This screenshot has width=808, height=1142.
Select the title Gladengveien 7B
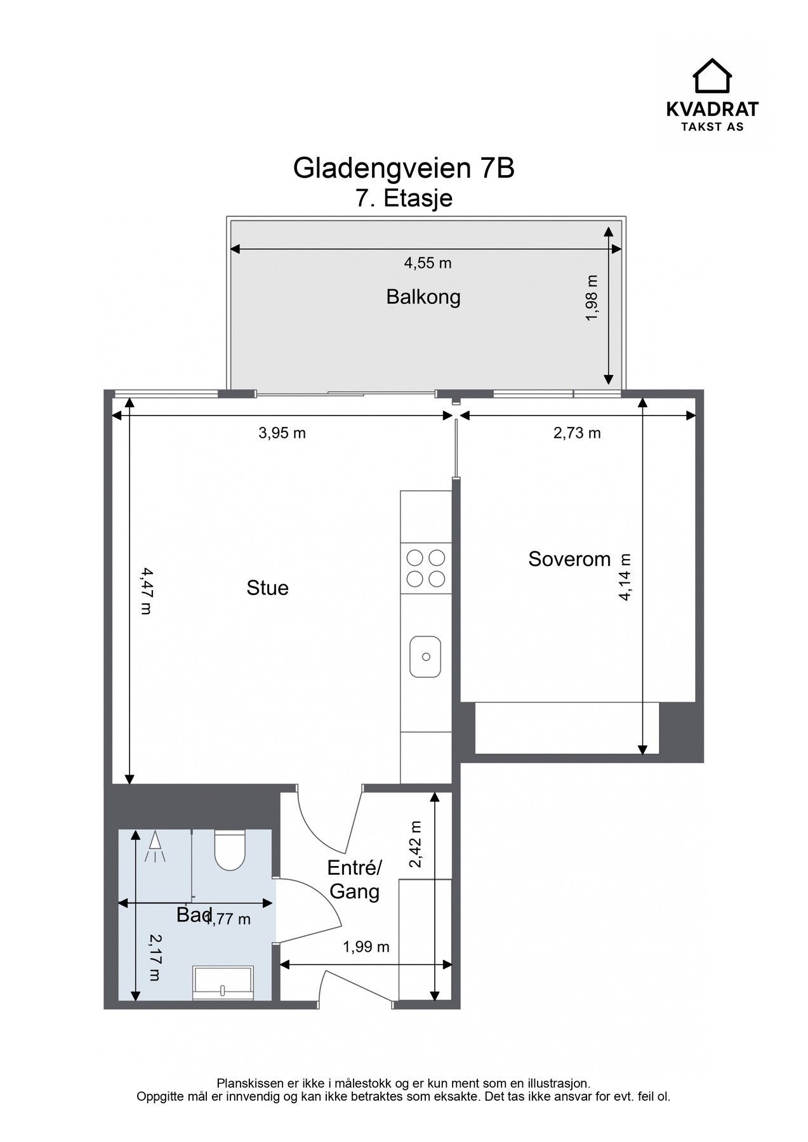click(404, 168)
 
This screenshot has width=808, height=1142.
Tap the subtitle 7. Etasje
click(404, 198)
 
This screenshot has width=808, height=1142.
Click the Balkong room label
click(423, 297)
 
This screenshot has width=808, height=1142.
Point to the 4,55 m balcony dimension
click(428, 263)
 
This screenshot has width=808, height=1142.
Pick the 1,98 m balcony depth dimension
click(592, 298)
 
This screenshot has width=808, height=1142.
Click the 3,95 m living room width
click(282, 433)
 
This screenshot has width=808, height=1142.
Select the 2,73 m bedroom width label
click(577, 433)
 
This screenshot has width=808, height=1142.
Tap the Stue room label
click(267, 588)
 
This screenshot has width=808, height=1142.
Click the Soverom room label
click(569, 559)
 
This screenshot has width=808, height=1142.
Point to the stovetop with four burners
click(426, 568)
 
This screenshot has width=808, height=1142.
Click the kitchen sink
click(425, 656)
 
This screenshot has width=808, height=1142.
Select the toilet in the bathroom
click(229, 850)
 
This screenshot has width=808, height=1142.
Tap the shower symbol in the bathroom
click(156, 848)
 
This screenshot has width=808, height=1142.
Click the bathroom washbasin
click(223, 983)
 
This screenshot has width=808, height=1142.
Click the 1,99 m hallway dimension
click(366, 947)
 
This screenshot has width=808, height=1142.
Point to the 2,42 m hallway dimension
click(415, 844)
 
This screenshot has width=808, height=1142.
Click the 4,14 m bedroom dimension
click(625, 577)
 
